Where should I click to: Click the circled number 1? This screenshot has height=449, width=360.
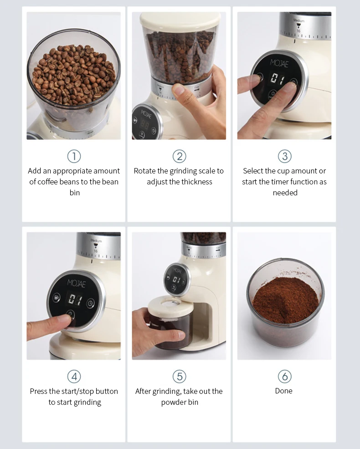[x=74, y=156]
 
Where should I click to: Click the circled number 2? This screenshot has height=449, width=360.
[x=180, y=156]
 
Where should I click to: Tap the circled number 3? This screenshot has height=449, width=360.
[x=284, y=156]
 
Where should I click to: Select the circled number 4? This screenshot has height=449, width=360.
[x=74, y=377]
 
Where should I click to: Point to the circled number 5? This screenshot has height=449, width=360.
[x=180, y=377]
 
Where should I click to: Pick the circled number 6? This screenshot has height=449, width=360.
[x=284, y=377]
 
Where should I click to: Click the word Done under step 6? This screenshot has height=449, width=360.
[x=284, y=391]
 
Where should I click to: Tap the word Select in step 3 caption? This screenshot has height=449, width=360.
[x=253, y=171]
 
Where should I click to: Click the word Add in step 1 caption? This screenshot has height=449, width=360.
[x=35, y=171]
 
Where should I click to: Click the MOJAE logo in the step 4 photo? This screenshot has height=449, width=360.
[x=76, y=283]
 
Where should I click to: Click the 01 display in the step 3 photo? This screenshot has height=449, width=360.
[x=275, y=79]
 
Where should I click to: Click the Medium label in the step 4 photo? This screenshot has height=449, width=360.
[x=96, y=240]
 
